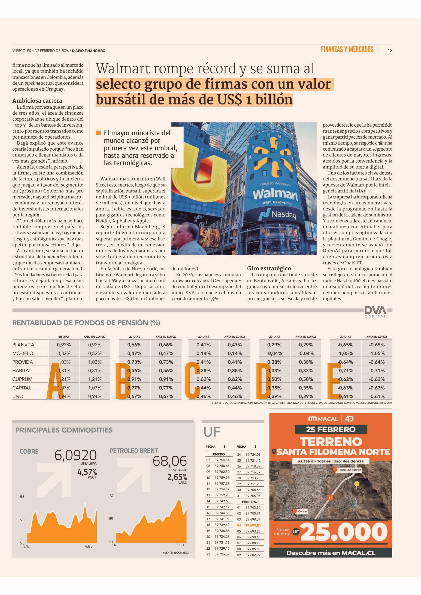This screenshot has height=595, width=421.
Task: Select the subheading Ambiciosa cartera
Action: coord(37,101)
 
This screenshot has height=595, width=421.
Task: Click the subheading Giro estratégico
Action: coord(269,268)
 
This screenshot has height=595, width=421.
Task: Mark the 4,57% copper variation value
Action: coord(87,472)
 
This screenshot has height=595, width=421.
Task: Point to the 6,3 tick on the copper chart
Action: coord(22,496)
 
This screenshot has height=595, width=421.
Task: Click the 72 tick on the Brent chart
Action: coord(111,495)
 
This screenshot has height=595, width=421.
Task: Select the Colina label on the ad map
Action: coord(302,511)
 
